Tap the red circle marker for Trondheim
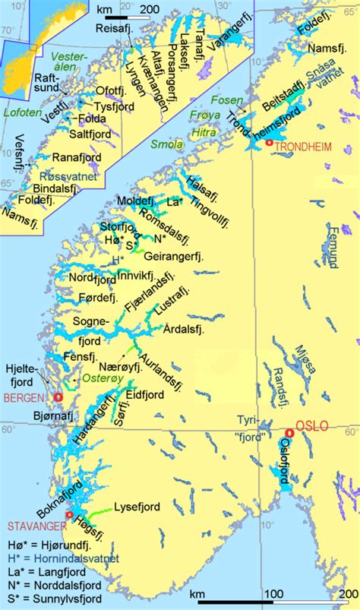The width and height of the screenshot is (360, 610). (x=267, y=143)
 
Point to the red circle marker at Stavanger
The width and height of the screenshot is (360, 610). (x=69, y=515)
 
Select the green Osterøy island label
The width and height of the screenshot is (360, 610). (x=90, y=378)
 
